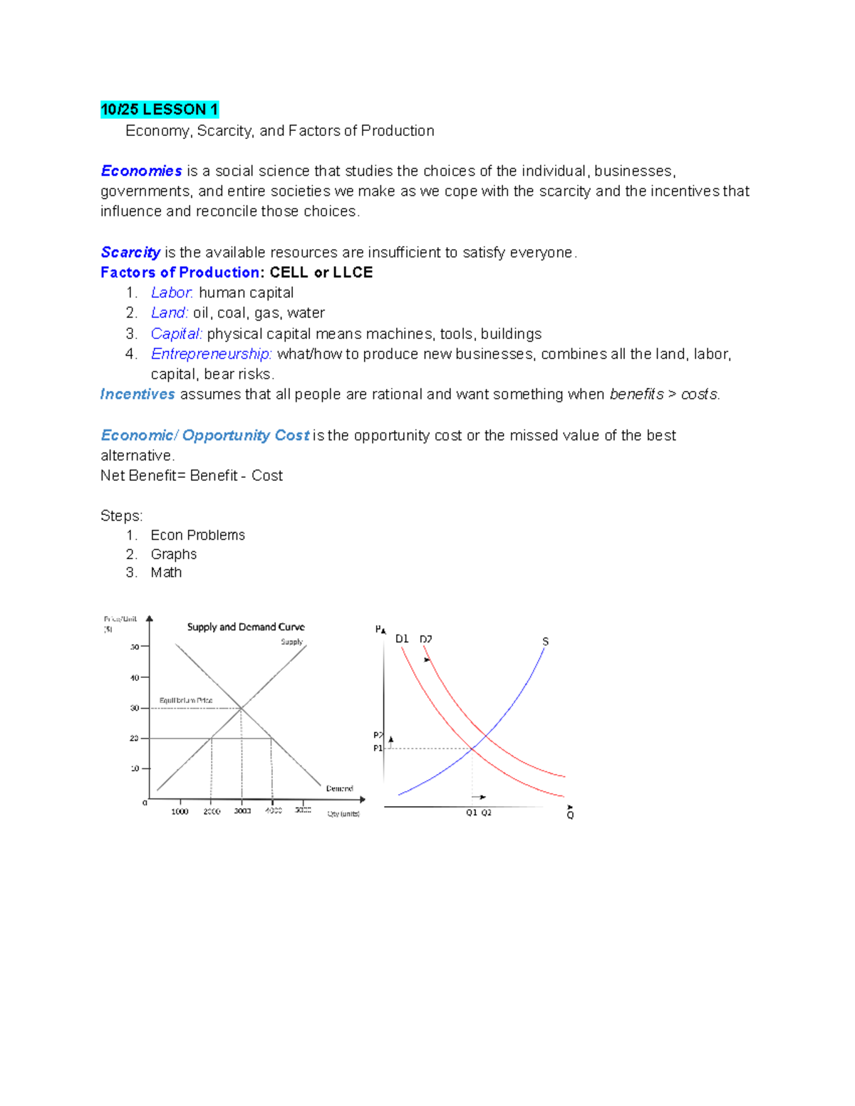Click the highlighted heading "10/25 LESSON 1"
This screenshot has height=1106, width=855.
pos(159,110)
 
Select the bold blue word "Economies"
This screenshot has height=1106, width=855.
pos(141,171)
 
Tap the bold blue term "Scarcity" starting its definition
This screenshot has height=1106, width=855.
pos(130,252)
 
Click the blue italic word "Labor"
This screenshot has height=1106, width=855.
pos(172,293)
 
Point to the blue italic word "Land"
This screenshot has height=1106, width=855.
pos(169,313)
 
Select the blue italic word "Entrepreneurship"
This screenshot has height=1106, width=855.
pos(211,354)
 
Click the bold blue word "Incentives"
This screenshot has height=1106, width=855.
pos(138,394)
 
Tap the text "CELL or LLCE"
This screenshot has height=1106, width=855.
pos(321,273)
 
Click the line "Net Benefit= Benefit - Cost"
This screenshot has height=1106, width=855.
pos(192,476)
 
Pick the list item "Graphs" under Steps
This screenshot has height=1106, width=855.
pos(174,554)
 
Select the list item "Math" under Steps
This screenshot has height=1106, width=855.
pos(166,573)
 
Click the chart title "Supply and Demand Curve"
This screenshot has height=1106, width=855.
pos(246,627)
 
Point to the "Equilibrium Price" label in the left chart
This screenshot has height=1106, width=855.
pos(185,700)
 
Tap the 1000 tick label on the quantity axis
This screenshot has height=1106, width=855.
pos(180,811)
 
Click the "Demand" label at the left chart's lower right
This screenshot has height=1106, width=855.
pos(339,788)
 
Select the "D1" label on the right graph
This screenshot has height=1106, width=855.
pos(402,639)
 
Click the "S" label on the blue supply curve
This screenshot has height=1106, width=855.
pos(545,642)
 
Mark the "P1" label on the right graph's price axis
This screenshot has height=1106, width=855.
pos(378,748)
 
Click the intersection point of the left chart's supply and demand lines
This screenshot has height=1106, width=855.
pos(242,708)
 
